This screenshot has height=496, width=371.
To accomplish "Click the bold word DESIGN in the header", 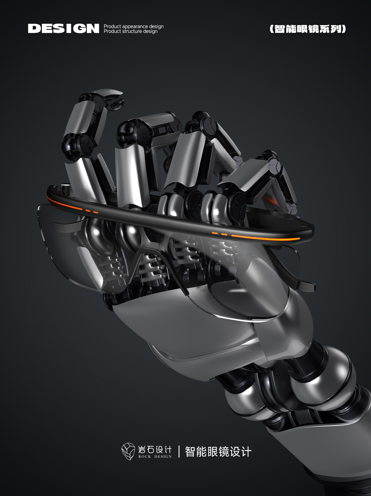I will tap(63, 28).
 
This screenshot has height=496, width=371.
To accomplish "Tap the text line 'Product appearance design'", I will tap(134, 26).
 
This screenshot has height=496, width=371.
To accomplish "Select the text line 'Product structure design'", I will tap(131, 31).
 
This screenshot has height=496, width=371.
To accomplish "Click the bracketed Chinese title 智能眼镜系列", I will tap(308, 29).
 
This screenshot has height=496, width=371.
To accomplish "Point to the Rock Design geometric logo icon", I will tap(128, 451).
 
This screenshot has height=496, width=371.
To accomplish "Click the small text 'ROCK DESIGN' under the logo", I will tap(155, 457).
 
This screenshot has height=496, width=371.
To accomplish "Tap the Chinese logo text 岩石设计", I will tap(155, 449).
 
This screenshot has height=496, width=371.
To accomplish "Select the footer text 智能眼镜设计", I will tap(218, 451).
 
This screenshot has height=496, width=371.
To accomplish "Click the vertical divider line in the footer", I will tap(179, 451).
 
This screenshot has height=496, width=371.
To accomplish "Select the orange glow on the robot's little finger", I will tap(270, 200).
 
